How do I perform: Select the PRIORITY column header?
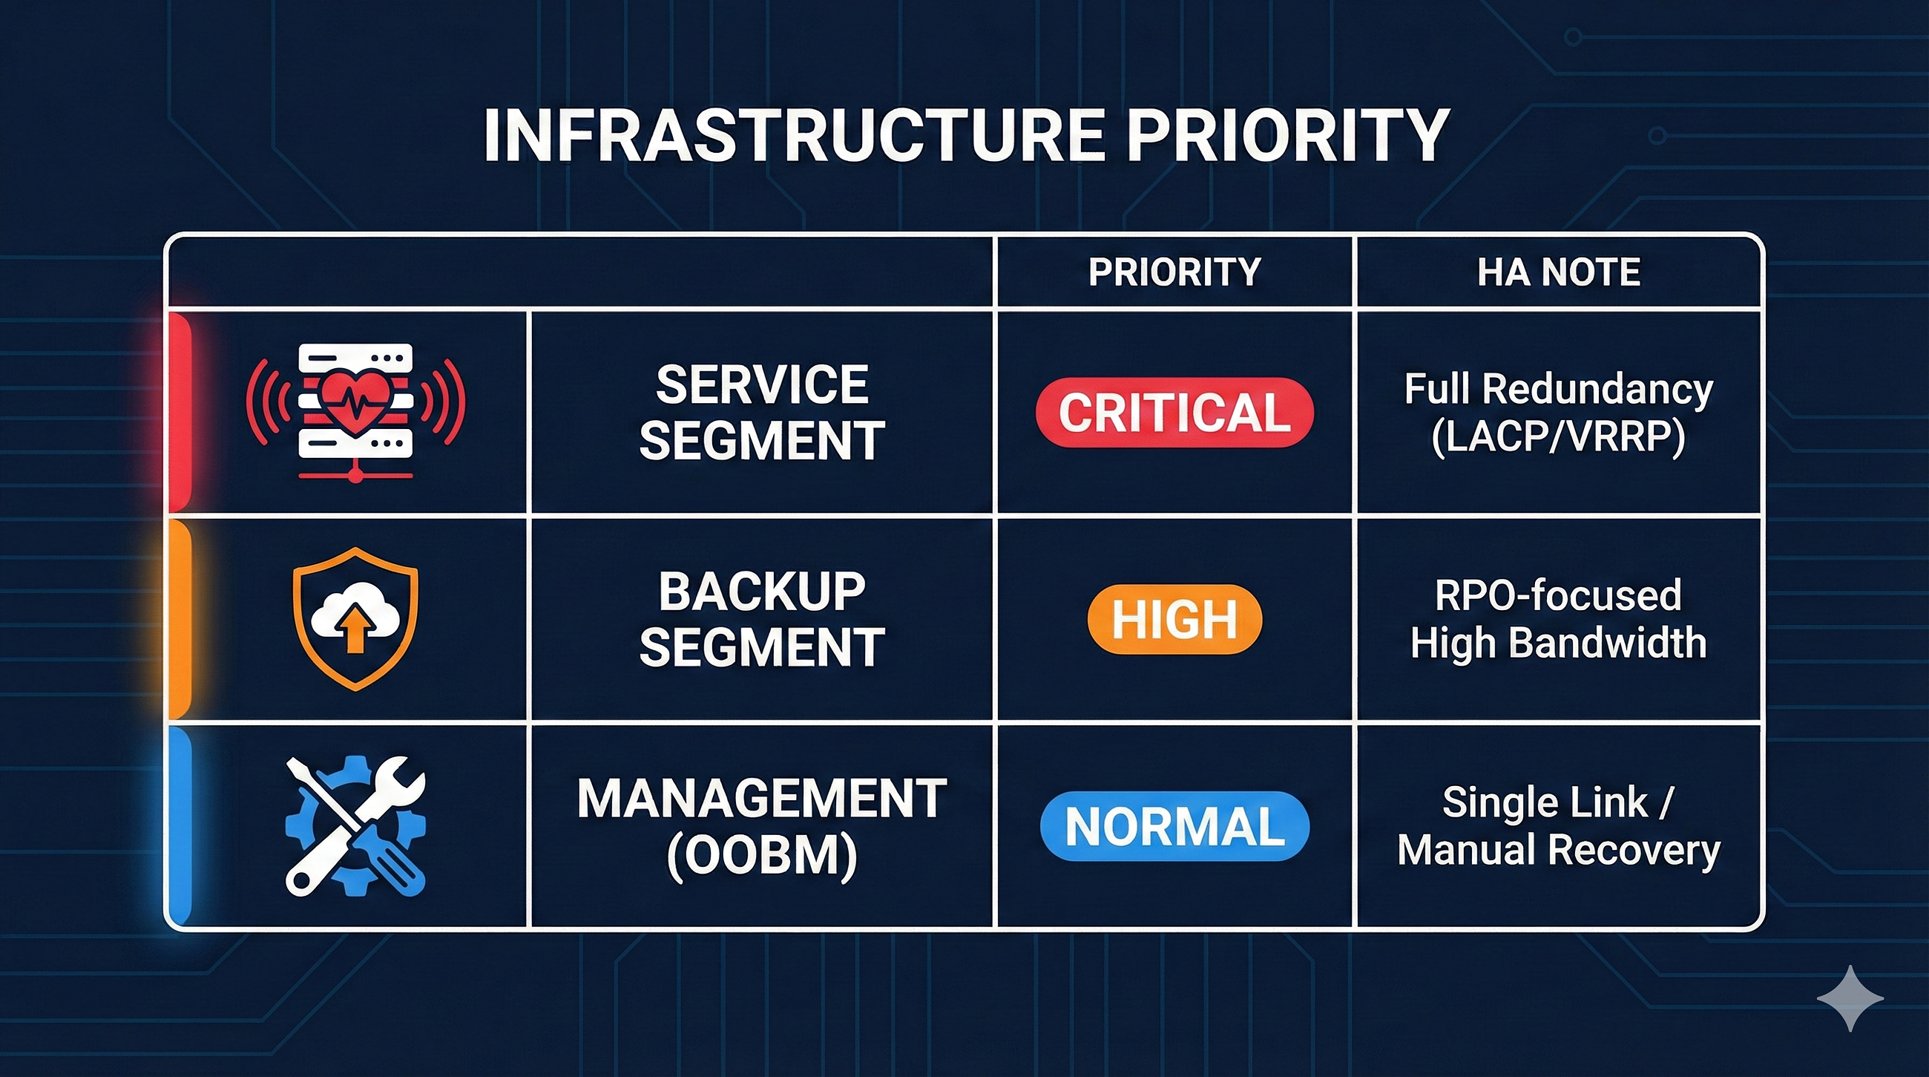pyautogui.click(x=1174, y=272)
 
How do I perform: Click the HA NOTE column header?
pyautogui.click(x=1558, y=272)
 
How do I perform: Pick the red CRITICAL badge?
pyautogui.click(x=1174, y=413)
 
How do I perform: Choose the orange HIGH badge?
pyautogui.click(x=1174, y=619)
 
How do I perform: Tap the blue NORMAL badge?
pyautogui.click(x=1174, y=826)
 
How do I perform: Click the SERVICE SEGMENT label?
pyautogui.click(x=761, y=413)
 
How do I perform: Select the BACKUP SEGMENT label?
pyautogui.click(x=761, y=619)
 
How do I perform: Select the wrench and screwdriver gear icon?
pyautogui.click(x=355, y=825)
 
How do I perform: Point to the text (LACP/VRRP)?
pyautogui.click(x=1558, y=437)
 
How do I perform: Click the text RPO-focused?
pyautogui.click(x=1558, y=596)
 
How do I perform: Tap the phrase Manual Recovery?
pyautogui.click(x=1558, y=851)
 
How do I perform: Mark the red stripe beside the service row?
pyautogui.click(x=180, y=413)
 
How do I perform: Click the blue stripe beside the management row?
pyautogui.click(x=180, y=826)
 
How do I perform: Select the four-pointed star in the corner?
pyautogui.click(x=1850, y=998)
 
